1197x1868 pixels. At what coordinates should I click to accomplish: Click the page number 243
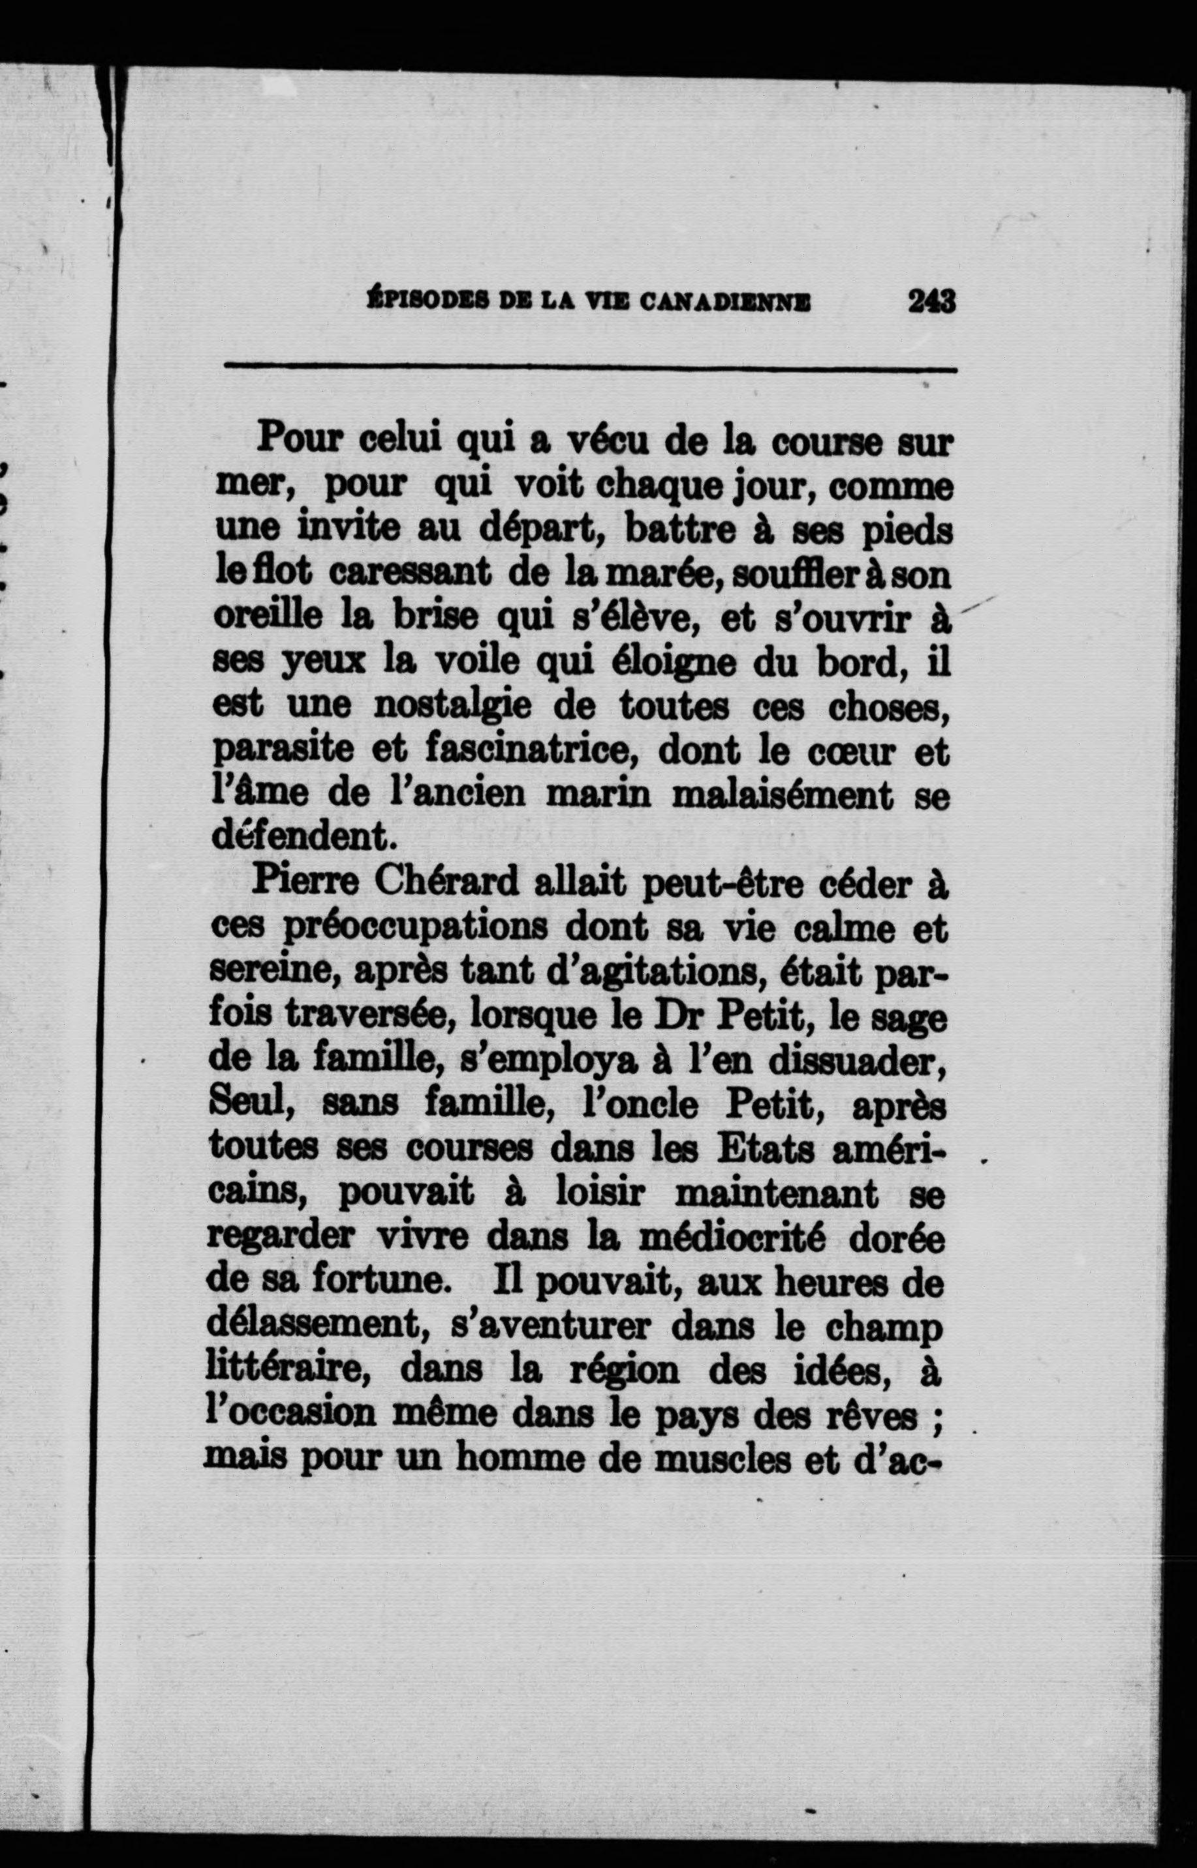click(x=931, y=301)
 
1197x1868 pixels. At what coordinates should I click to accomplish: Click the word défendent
click(x=288, y=840)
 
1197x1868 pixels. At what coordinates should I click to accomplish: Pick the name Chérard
click(x=444, y=885)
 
